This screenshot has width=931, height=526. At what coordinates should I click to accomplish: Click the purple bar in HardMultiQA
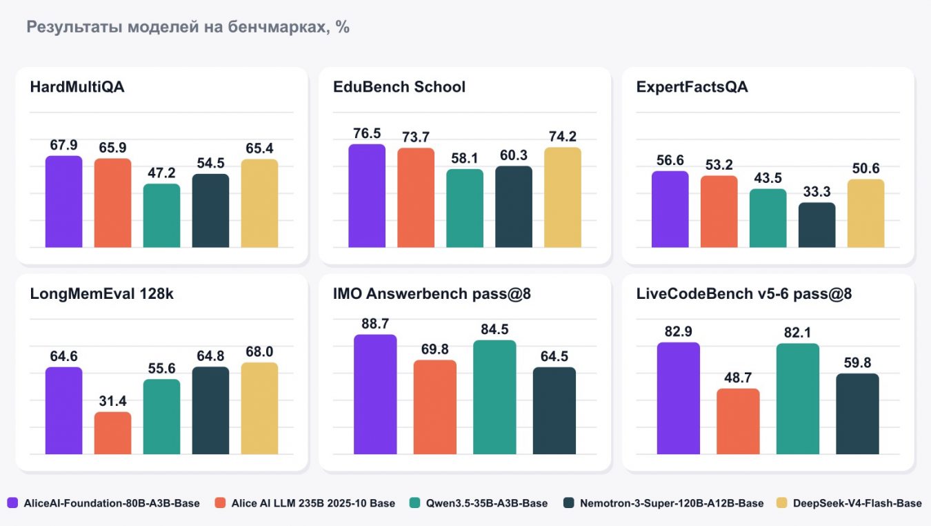[63, 202]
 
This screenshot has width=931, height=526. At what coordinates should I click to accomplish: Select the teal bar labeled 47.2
[161, 215]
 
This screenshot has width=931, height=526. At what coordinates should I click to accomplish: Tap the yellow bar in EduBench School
[563, 197]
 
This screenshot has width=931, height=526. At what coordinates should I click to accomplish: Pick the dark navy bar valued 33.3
[817, 225]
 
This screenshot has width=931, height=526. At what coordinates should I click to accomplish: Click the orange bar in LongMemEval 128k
[112, 434]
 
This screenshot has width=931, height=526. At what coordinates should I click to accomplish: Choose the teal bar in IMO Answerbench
[494, 397]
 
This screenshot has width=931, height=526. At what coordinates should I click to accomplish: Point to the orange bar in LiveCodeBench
[738, 422]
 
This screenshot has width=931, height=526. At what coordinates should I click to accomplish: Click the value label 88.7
[375, 324]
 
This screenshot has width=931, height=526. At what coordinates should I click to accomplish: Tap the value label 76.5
[367, 134]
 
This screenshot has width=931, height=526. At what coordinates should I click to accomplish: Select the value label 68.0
[259, 352]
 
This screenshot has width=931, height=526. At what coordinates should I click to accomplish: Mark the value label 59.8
[857, 363]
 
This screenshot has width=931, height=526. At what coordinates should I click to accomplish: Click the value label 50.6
[865, 168]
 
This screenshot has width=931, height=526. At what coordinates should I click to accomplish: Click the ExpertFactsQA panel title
[692, 87]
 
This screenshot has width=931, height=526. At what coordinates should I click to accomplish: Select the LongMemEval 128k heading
[101, 294]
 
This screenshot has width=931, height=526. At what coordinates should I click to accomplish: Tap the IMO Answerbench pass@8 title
[432, 294]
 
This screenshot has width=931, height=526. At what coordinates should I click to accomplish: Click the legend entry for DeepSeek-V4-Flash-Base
[849, 503]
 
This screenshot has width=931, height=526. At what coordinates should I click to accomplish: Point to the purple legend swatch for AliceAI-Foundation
[12, 503]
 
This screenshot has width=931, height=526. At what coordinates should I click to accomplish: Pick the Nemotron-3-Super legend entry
[663, 503]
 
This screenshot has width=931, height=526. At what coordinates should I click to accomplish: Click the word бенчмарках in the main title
[277, 27]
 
